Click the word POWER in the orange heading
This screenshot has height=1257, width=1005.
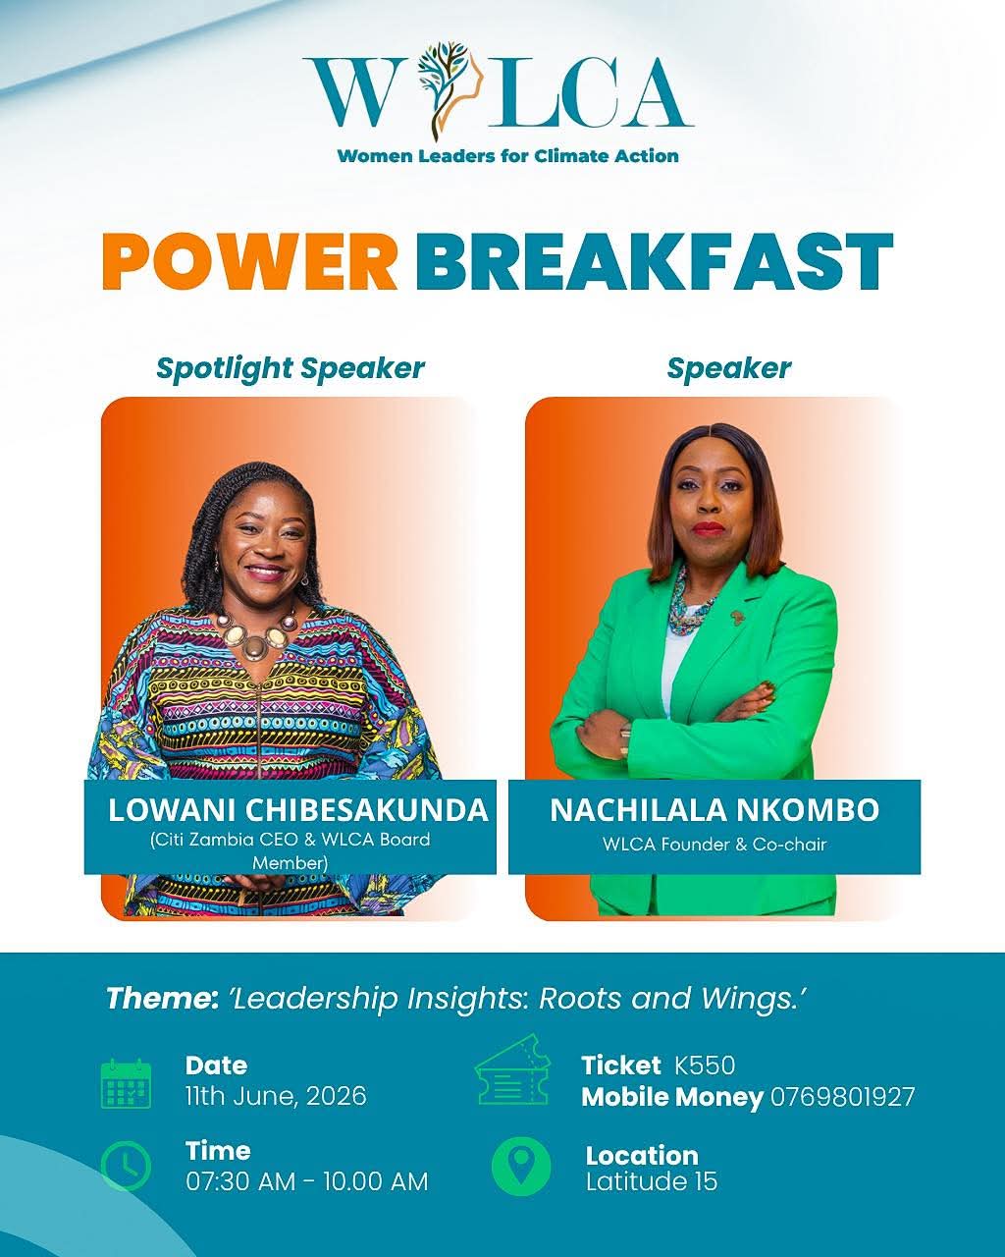(x=250, y=261)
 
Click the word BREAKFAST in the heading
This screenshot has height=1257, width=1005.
(x=654, y=261)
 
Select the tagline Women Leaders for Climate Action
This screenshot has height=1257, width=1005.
(x=508, y=156)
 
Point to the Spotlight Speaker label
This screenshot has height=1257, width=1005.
(x=291, y=368)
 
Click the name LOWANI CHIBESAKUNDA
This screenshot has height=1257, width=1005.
(x=297, y=809)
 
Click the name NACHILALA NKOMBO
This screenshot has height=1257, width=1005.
(x=714, y=809)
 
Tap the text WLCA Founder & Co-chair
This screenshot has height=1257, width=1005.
(x=714, y=844)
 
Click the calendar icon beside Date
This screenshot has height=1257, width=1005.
(x=127, y=1083)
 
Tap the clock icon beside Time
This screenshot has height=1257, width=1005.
(x=126, y=1166)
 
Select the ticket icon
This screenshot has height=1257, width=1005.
(x=512, y=1070)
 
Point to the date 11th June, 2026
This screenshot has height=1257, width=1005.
(x=276, y=1096)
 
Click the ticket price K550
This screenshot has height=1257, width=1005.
(x=705, y=1066)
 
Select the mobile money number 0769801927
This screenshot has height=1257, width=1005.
(x=843, y=1097)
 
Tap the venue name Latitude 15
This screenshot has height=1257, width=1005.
(x=652, y=1181)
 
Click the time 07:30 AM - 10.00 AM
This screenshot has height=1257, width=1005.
(x=307, y=1181)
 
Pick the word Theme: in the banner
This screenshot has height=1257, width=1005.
(x=163, y=999)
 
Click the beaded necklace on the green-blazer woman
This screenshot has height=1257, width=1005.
(x=691, y=605)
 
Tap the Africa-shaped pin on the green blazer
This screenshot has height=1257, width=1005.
(x=737, y=617)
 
